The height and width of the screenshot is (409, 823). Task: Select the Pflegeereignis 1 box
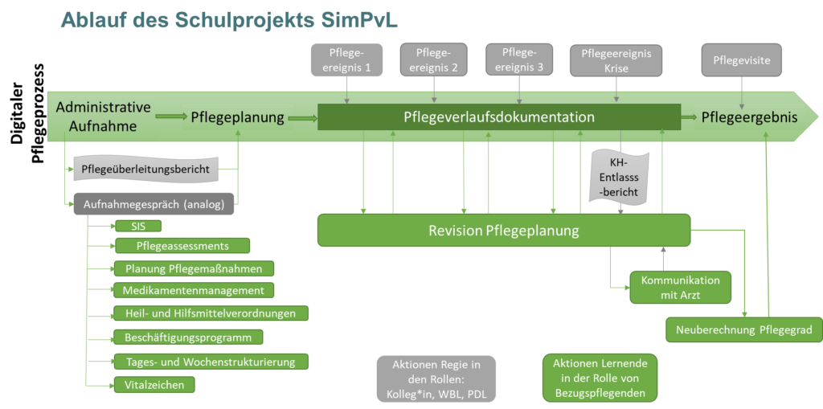[x=346, y=61]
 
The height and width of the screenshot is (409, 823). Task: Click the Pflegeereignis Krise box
[x=616, y=61]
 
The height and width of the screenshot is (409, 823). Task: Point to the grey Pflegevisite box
[x=741, y=59]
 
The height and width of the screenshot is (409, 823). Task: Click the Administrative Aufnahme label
[x=103, y=117]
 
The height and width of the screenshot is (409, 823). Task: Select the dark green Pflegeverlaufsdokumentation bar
[x=498, y=117]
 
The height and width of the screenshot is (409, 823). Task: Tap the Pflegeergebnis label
[x=749, y=117]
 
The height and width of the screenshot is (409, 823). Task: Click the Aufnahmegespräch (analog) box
[x=154, y=204]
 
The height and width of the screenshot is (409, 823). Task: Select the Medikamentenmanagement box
[x=194, y=290]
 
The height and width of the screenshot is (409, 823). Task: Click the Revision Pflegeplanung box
[x=504, y=231]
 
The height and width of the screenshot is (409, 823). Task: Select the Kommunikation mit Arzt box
[x=681, y=288]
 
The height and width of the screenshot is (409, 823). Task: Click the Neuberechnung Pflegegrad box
[x=743, y=329]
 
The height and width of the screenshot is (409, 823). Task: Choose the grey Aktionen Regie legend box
[x=436, y=379]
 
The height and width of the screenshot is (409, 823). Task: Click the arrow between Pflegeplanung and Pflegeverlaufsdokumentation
[x=302, y=118]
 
